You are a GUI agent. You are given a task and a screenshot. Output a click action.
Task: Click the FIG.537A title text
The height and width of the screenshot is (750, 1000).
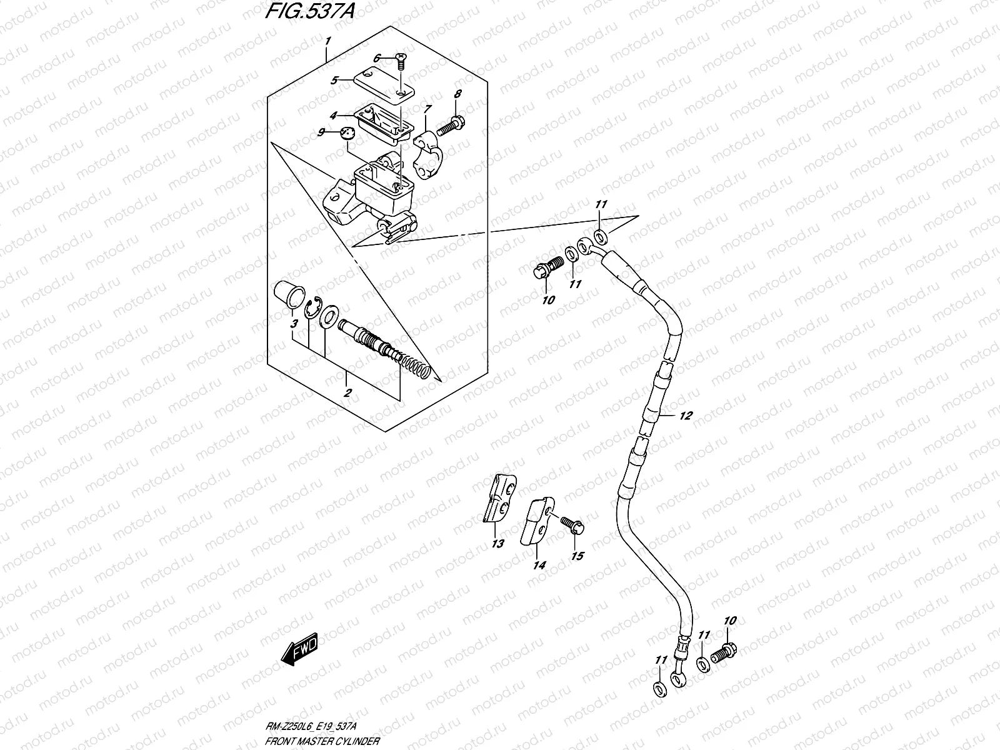(309, 11)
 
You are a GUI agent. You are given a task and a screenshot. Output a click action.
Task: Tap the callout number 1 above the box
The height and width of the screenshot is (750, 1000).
(327, 41)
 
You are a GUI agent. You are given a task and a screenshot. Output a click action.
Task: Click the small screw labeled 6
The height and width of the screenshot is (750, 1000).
(401, 61)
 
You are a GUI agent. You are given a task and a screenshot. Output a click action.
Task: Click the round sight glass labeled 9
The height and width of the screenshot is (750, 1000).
(347, 134)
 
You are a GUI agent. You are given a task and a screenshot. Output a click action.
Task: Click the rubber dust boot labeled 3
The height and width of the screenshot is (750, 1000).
(289, 294)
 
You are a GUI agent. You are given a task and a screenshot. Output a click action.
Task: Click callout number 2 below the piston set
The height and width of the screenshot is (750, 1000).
(347, 392)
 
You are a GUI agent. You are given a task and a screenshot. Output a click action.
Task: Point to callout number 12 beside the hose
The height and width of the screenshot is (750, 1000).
(686, 415)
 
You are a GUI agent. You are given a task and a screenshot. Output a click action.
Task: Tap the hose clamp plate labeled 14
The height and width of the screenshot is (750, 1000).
(537, 521)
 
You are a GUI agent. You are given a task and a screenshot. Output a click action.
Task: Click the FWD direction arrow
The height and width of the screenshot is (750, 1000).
(299, 649)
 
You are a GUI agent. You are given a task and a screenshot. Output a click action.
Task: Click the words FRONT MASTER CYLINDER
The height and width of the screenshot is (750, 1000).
(322, 741)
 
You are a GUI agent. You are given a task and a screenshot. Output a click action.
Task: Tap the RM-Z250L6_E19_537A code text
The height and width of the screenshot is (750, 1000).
(311, 726)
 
